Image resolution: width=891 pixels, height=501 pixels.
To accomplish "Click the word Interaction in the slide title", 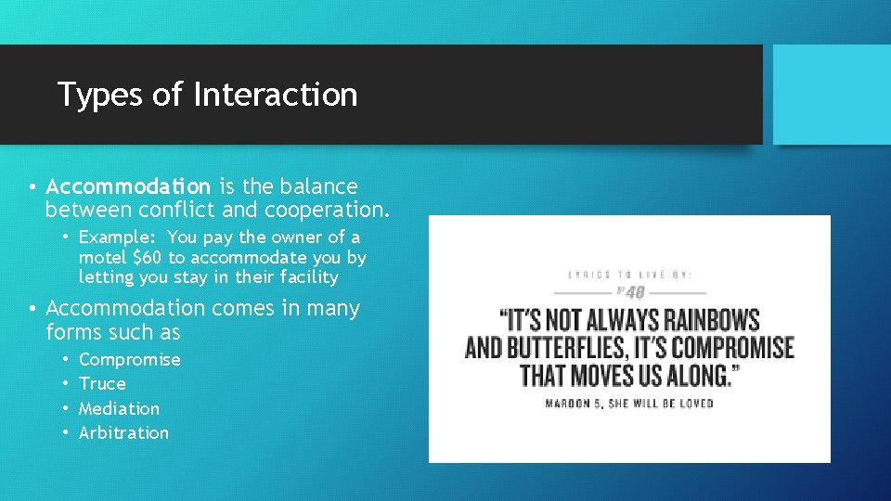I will (x=275, y=95).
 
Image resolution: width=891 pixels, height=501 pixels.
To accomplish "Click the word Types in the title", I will (x=92, y=96).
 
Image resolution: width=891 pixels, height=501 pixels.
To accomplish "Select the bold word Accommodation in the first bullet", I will (x=128, y=186).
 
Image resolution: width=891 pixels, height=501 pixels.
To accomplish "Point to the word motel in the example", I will (x=103, y=257).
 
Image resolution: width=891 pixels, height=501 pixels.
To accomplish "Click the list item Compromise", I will (x=129, y=359).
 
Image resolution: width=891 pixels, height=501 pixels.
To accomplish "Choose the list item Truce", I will (x=102, y=383).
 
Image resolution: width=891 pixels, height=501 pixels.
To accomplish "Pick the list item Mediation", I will (x=119, y=408).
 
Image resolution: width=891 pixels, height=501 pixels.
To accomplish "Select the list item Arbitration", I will (x=123, y=432).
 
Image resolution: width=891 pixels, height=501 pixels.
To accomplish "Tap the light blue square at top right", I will (x=832, y=95).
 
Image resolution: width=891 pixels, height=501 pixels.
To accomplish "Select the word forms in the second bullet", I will (x=71, y=332).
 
